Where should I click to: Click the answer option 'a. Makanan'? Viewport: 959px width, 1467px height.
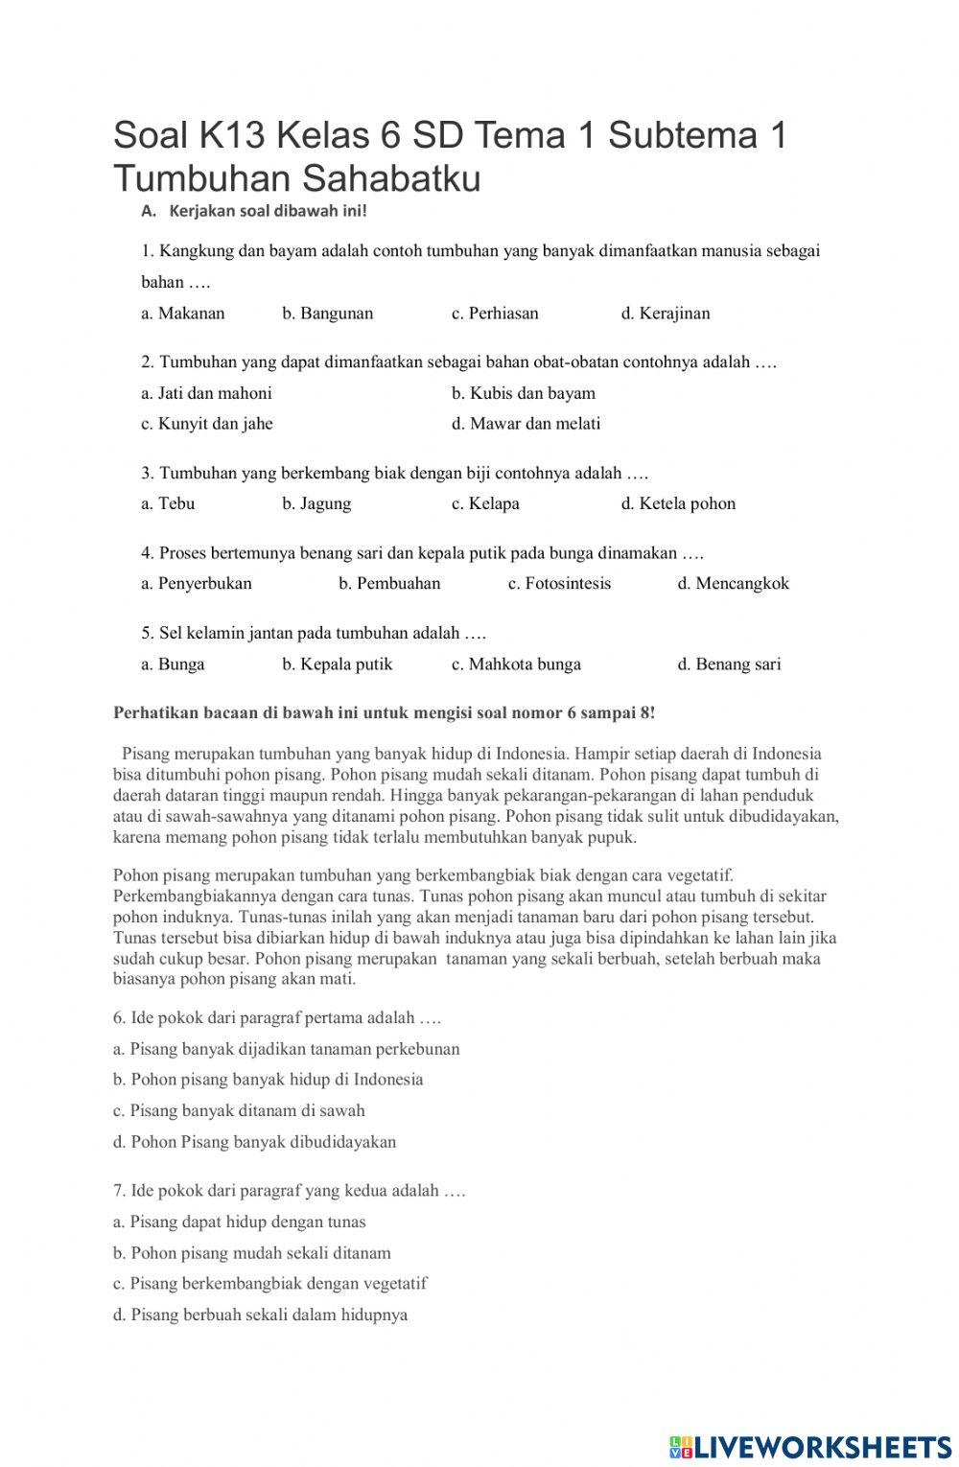pos(182,314)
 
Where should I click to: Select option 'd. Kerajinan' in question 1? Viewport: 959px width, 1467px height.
pos(665,314)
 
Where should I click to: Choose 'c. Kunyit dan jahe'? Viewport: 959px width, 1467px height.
pos(206,424)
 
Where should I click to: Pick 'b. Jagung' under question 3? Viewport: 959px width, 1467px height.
pos(316,503)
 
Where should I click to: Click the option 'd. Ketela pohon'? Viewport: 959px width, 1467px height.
pos(678,503)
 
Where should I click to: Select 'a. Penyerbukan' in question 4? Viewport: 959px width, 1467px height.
pos(196,584)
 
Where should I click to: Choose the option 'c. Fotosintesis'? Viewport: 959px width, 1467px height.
pos(559,584)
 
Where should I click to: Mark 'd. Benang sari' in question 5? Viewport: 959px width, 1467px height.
pos(729,664)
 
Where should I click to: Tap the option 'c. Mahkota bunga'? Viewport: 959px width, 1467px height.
pos(516,664)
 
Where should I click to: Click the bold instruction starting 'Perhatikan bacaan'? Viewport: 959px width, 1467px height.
pos(384,713)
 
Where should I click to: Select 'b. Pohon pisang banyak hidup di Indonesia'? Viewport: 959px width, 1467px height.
pos(268,1080)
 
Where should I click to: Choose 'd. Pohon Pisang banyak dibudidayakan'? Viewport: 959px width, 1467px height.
pos(254,1142)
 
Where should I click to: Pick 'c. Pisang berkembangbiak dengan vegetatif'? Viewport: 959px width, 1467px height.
pos(269,1284)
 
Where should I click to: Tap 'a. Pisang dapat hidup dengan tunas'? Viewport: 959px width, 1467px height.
pos(239,1222)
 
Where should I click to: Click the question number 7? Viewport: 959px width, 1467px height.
pos(119,1191)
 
